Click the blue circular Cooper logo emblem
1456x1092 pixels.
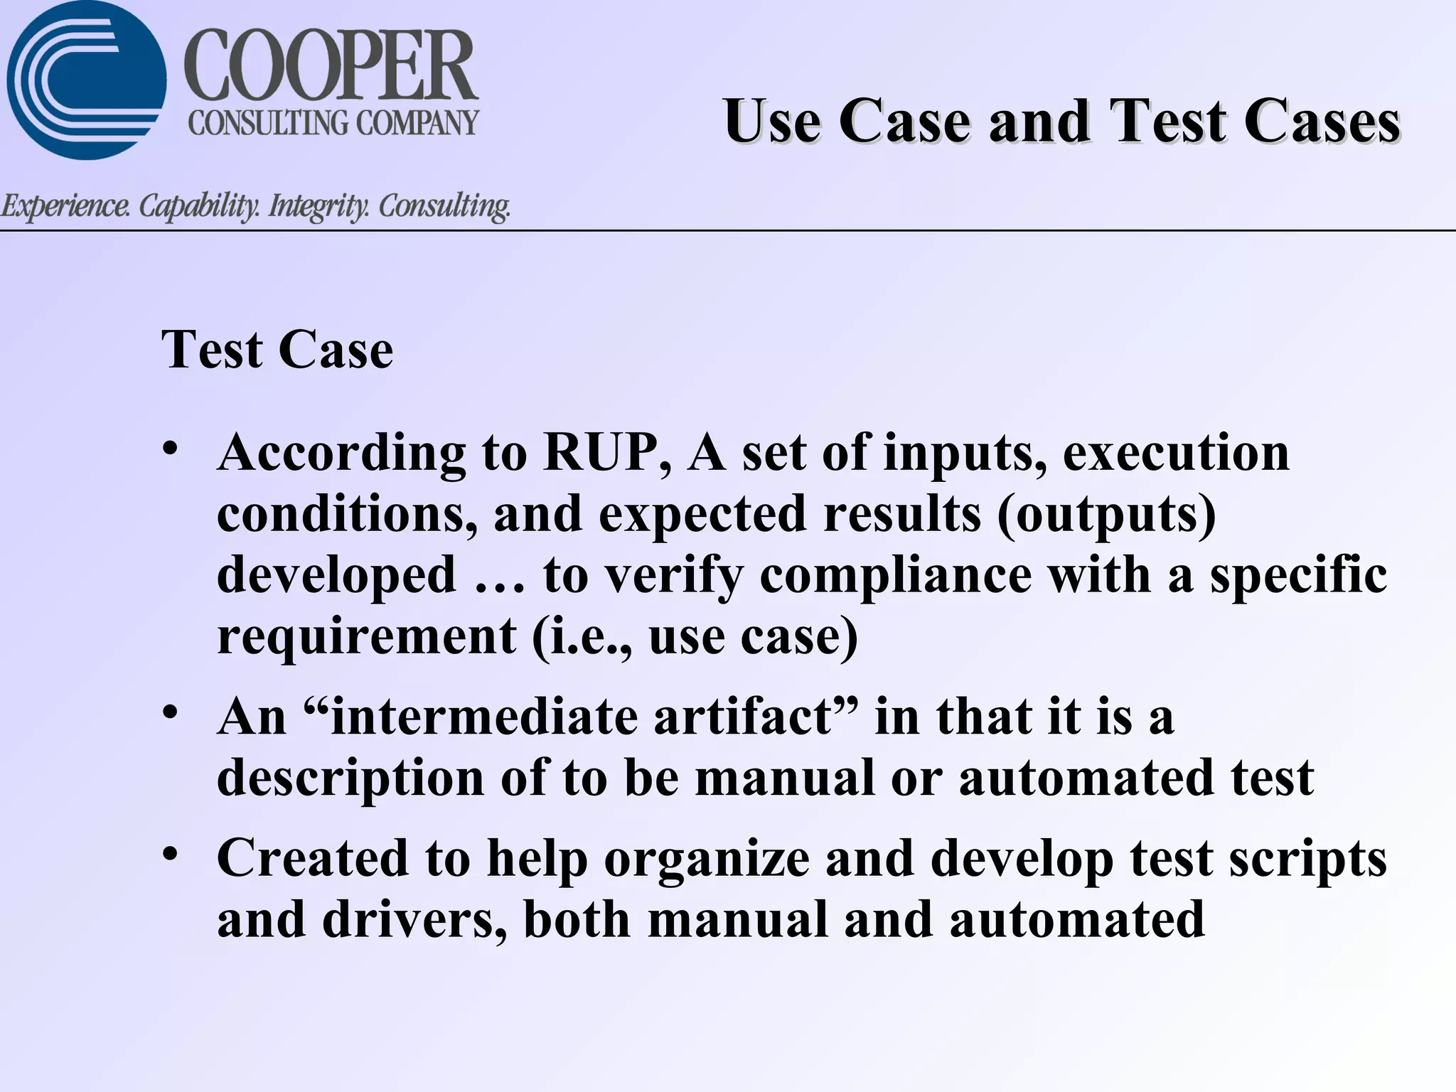pos(85,80)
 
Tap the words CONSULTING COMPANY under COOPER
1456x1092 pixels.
pos(333,123)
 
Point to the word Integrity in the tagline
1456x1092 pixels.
pos(318,206)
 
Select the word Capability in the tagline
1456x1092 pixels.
pos(198,206)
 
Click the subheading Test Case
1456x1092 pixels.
pos(277,350)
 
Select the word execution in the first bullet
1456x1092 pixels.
pos(1175,453)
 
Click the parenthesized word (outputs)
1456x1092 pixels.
pos(1106,514)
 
